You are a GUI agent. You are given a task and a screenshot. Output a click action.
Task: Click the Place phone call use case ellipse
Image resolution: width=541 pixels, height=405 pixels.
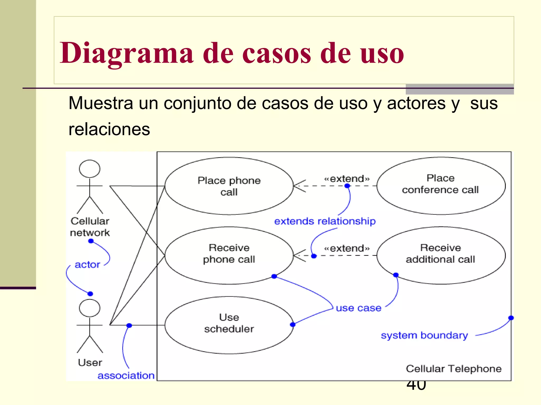pyautogui.click(x=229, y=186)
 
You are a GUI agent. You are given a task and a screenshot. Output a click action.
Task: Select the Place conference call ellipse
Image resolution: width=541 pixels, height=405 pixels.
pyautogui.click(x=441, y=186)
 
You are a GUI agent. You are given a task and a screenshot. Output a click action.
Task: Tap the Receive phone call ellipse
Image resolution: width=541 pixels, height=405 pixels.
pyautogui.click(x=229, y=255)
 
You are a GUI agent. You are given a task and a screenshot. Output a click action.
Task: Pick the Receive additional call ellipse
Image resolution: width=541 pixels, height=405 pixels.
pyautogui.click(x=441, y=255)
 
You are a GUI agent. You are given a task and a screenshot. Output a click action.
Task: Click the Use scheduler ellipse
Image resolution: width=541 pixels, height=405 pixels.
pyautogui.click(x=229, y=325)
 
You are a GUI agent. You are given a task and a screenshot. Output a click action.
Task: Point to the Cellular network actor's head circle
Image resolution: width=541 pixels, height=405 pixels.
pyautogui.click(x=90, y=169)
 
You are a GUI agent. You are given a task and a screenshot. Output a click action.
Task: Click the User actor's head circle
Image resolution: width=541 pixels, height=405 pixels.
pyautogui.click(x=90, y=308)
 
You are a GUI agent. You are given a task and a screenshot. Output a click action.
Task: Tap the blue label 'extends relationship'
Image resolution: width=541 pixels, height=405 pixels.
pyautogui.click(x=325, y=221)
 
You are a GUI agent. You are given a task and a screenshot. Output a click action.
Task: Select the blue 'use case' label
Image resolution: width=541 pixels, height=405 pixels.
pyautogui.click(x=358, y=308)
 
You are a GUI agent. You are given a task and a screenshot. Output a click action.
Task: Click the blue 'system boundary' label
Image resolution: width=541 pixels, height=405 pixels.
pyautogui.click(x=424, y=335)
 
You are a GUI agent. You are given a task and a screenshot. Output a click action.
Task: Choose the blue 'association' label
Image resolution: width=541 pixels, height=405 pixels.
pyautogui.click(x=126, y=375)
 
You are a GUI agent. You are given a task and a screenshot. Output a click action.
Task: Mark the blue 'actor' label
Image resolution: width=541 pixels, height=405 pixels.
pyautogui.click(x=87, y=264)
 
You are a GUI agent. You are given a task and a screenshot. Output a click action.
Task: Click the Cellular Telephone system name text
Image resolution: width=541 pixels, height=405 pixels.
pyautogui.click(x=454, y=369)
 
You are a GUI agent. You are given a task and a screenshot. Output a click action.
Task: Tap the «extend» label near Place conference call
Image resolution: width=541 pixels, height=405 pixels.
pyautogui.click(x=347, y=179)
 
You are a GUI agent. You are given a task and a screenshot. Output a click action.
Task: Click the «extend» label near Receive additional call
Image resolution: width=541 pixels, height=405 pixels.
pyautogui.click(x=347, y=248)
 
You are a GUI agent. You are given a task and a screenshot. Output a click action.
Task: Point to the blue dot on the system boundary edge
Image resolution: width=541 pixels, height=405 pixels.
pyautogui.click(x=511, y=318)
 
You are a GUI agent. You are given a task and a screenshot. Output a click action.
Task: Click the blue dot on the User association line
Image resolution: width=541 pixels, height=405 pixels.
pyautogui.click(x=129, y=326)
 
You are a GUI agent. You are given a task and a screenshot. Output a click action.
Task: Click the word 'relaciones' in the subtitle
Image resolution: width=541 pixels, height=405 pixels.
pyautogui.click(x=109, y=129)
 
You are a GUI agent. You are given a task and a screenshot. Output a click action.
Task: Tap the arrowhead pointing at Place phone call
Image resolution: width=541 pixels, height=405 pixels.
pyautogui.click(x=297, y=186)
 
